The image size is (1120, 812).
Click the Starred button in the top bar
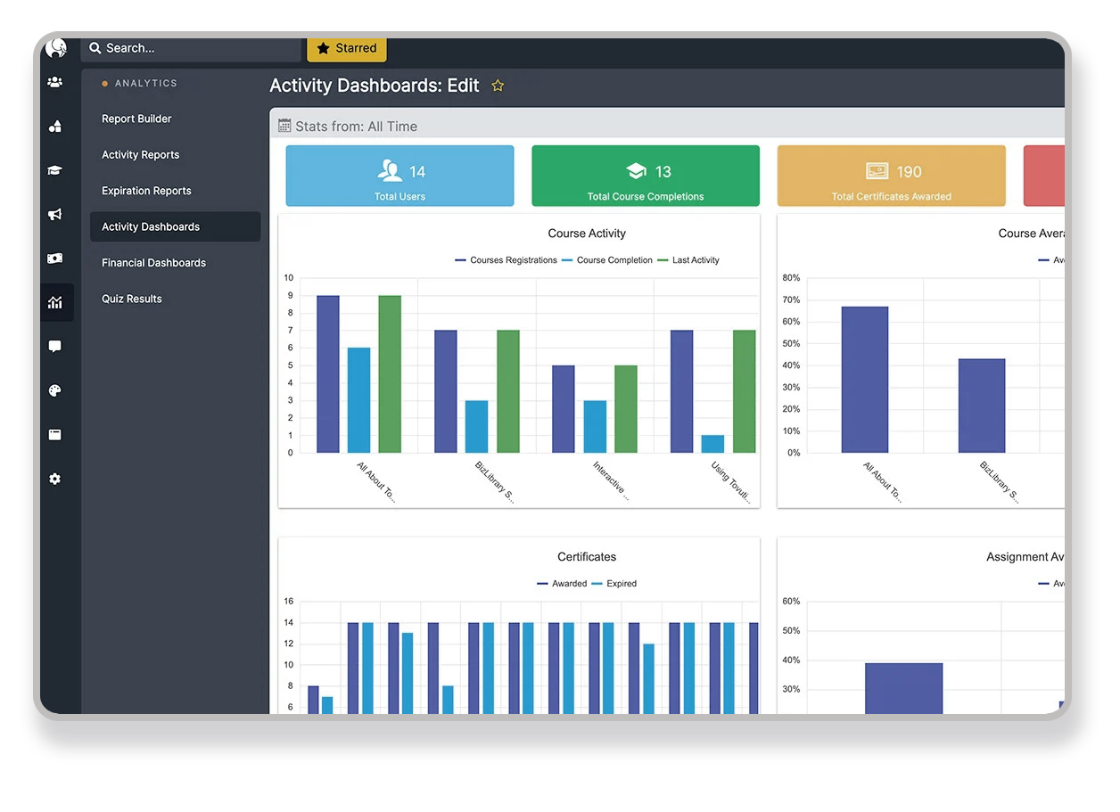[347, 48]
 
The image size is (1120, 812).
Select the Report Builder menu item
[136, 119]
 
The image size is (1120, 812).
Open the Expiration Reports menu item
[146, 191]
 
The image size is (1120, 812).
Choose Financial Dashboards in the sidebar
[153, 263]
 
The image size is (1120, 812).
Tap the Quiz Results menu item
[132, 299]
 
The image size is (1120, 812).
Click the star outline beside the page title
[498, 86]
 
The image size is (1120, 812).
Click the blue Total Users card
[399, 176]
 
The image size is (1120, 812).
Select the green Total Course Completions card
[646, 176]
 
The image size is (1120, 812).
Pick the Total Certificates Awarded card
[891, 176]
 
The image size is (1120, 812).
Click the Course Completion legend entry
[614, 260]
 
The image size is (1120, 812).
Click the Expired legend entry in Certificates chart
[622, 584]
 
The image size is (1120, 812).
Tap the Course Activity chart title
[587, 234]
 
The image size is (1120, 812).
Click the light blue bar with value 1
[712, 443]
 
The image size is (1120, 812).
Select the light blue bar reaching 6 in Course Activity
[358, 399]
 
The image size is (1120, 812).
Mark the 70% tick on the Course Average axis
[791, 299]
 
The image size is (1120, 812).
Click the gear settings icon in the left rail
[55, 479]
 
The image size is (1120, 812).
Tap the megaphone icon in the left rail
[55, 215]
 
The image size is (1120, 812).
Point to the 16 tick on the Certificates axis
[289, 601]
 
